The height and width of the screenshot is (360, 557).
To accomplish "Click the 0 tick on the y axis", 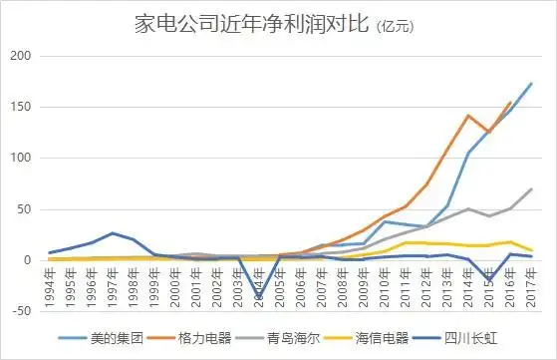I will click(30, 260).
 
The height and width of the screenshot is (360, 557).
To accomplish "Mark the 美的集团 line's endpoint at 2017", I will click(531, 84).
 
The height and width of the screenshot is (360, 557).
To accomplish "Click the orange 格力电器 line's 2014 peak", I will click(468, 116).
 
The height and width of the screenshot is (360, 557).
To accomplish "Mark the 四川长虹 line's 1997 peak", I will click(114, 233).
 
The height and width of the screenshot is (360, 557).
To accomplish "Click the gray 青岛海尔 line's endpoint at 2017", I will click(531, 189).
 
